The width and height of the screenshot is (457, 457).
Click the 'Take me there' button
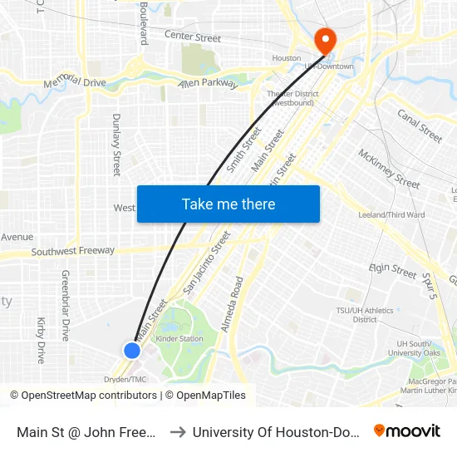coord(228,204)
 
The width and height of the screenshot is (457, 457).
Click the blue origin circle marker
coord(132,351)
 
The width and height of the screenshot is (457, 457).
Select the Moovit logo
coord(407,431)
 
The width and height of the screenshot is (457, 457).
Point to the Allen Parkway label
coord(208,84)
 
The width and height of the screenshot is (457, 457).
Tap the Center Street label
coord(193,37)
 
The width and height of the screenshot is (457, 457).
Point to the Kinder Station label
coord(179,339)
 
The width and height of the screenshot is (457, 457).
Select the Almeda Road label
coord(230,305)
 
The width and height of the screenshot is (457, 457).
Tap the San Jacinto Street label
coord(206,263)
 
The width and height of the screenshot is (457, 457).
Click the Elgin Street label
coord(392,269)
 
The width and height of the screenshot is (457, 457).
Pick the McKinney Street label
coord(389,168)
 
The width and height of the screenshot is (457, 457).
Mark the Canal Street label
coord(420,125)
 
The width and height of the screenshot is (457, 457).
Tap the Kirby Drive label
coord(41,340)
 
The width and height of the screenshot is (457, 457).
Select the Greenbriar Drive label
coord(65,305)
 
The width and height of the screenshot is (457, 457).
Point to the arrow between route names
coord(175,431)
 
